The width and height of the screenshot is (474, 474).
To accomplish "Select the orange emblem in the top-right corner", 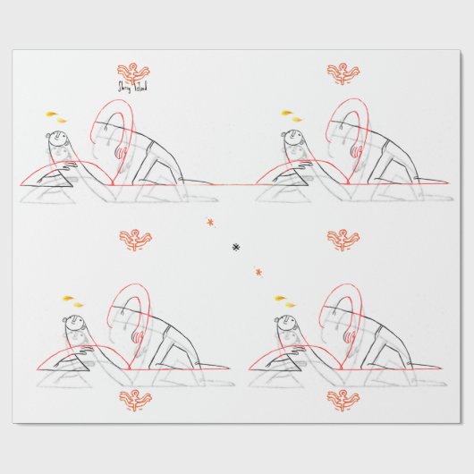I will click(343, 72).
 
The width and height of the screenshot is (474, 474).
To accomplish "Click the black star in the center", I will click(237, 246).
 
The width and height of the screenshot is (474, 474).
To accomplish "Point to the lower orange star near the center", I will click(259, 271).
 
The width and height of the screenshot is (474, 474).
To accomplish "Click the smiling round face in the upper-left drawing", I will click(58, 141).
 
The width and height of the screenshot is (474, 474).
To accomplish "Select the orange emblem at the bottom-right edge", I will click(343, 399).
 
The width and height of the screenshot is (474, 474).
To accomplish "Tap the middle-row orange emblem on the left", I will click(136, 238).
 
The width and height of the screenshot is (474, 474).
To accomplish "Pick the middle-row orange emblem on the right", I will click(343, 238).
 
